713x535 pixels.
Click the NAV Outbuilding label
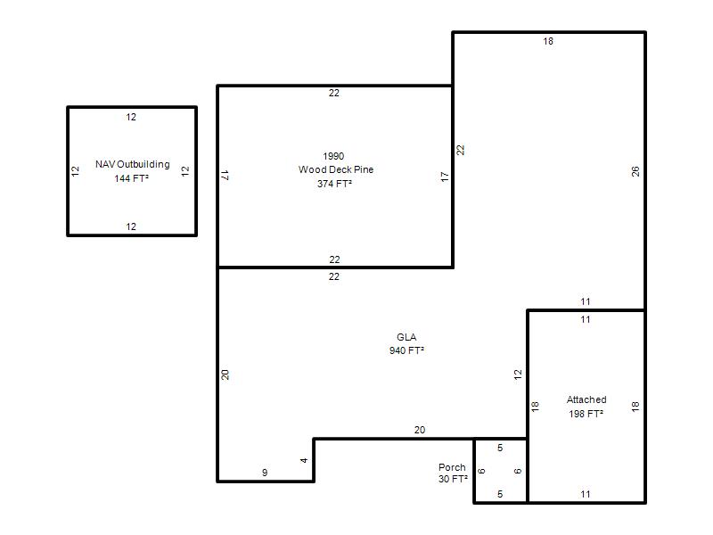(132, 164)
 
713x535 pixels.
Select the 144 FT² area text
(131, 178)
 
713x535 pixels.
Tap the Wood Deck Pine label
(336, 169)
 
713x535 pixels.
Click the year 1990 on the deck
(333, 156)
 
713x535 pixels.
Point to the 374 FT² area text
(335, 184)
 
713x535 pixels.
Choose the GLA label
(406, 337)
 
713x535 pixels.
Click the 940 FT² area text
(406, 350)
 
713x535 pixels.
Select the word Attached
(586, 399)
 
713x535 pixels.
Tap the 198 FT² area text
(586, 414)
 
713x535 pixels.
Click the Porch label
(452, 467)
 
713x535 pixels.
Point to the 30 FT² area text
(453, 479)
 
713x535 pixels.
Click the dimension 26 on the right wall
(635, 171)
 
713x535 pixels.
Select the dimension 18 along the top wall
(548, 41)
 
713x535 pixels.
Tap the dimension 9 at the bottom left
(265, 473)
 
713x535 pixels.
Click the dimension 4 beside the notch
(304, 460)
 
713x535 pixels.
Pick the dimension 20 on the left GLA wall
(225, 374)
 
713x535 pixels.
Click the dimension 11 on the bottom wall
(586, 494)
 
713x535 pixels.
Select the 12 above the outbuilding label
(131, 117)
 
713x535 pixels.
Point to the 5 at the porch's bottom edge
(500, 494)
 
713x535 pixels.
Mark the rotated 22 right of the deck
(461, 150)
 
